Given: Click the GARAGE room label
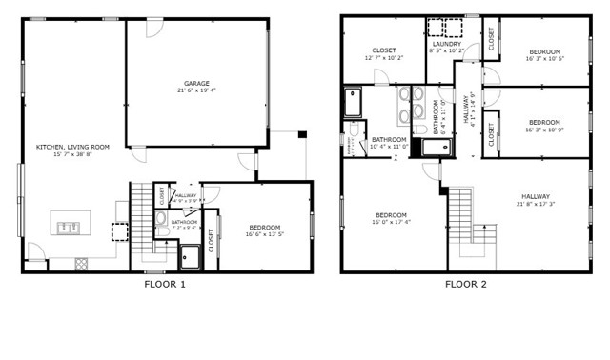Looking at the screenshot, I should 196,83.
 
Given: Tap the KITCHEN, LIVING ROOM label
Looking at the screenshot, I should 72,147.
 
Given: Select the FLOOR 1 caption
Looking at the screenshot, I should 165,284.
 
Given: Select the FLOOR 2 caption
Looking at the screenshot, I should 465,284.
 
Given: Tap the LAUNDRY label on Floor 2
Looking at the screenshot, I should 446,44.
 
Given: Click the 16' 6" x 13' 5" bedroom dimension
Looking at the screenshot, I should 264,233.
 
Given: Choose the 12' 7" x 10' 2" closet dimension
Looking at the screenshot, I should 384,57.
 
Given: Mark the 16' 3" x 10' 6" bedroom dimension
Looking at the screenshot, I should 545,58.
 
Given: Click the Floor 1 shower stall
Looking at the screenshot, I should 190,252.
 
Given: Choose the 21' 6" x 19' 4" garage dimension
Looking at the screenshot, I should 196,90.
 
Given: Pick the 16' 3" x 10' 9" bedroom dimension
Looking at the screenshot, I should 544,130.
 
